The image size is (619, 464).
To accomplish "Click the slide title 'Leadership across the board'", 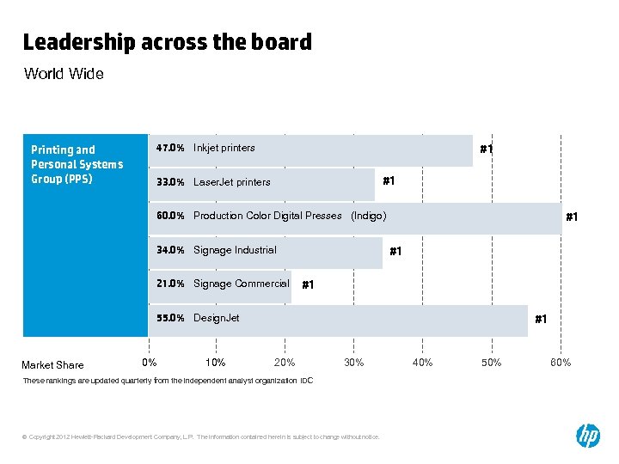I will click(x=167, y=42).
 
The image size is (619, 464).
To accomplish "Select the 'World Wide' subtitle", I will click(x=64, y=74).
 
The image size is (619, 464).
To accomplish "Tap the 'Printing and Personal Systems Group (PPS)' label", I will click(x=77, y=164).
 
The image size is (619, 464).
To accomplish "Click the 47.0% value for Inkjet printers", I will click(x=170, y=148).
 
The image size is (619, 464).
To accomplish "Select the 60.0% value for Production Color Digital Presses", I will click(x=170, y=216).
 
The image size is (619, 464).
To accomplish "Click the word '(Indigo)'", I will click(x=369, y=216).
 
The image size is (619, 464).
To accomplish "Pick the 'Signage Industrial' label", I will click(x=235, y=250).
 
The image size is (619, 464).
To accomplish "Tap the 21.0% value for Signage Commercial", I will click(x=170, y=284).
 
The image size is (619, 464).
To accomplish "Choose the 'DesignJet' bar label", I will click(x=217, y=318).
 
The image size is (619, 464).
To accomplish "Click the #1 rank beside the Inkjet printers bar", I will click(x=487, y=150).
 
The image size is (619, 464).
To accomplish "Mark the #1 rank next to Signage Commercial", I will click(x=309, y=285).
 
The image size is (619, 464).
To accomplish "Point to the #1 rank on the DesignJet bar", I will click(x=541, y=320).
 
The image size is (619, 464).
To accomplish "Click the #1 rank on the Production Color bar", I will click(x=572, y=218).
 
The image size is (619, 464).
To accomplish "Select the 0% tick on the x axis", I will click(x=149, y=363).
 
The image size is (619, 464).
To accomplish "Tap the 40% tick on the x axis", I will click(x=422, y=363).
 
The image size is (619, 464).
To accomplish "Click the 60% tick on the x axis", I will click(x=560, y=363).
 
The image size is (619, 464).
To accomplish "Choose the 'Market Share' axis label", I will click(x=52, y=365).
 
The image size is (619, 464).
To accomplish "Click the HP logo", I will click(x=588, y=436).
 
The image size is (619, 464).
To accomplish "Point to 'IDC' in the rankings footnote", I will click(x=307, y=380).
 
